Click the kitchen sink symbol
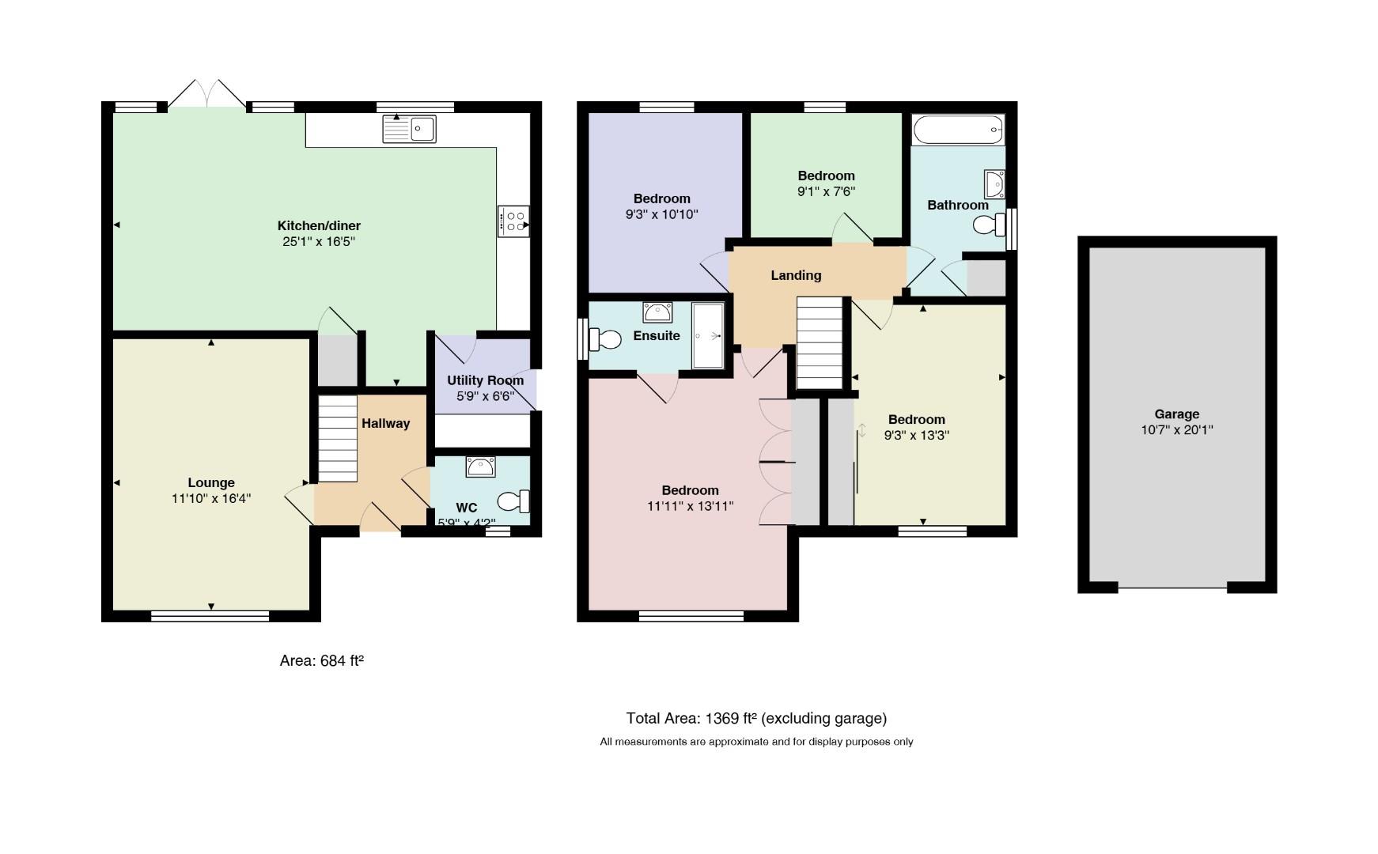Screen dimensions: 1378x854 [409, 129]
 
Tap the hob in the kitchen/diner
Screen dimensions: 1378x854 [513, 221]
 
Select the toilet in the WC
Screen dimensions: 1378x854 [514, 501]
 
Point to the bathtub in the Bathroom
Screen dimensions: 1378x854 [958, 130]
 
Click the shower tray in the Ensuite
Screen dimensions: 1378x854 [708, 335]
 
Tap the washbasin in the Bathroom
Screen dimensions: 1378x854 [994, 184]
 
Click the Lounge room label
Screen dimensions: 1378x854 [211, 482]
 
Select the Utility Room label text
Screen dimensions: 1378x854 [486, 380]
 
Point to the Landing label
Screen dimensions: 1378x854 [796, 275]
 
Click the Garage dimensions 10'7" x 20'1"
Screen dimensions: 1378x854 [1177, 430]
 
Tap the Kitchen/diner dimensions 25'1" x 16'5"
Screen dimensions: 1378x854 [319, 241]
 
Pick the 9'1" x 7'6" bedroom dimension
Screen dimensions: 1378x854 [827, 191]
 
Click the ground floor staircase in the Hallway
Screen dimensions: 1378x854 [338, 438]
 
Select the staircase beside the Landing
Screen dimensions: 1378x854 [823, 342]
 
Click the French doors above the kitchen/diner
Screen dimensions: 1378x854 [206, 93]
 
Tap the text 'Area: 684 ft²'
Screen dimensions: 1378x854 [322, 660]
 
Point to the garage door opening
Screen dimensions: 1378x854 [1172, 588]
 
